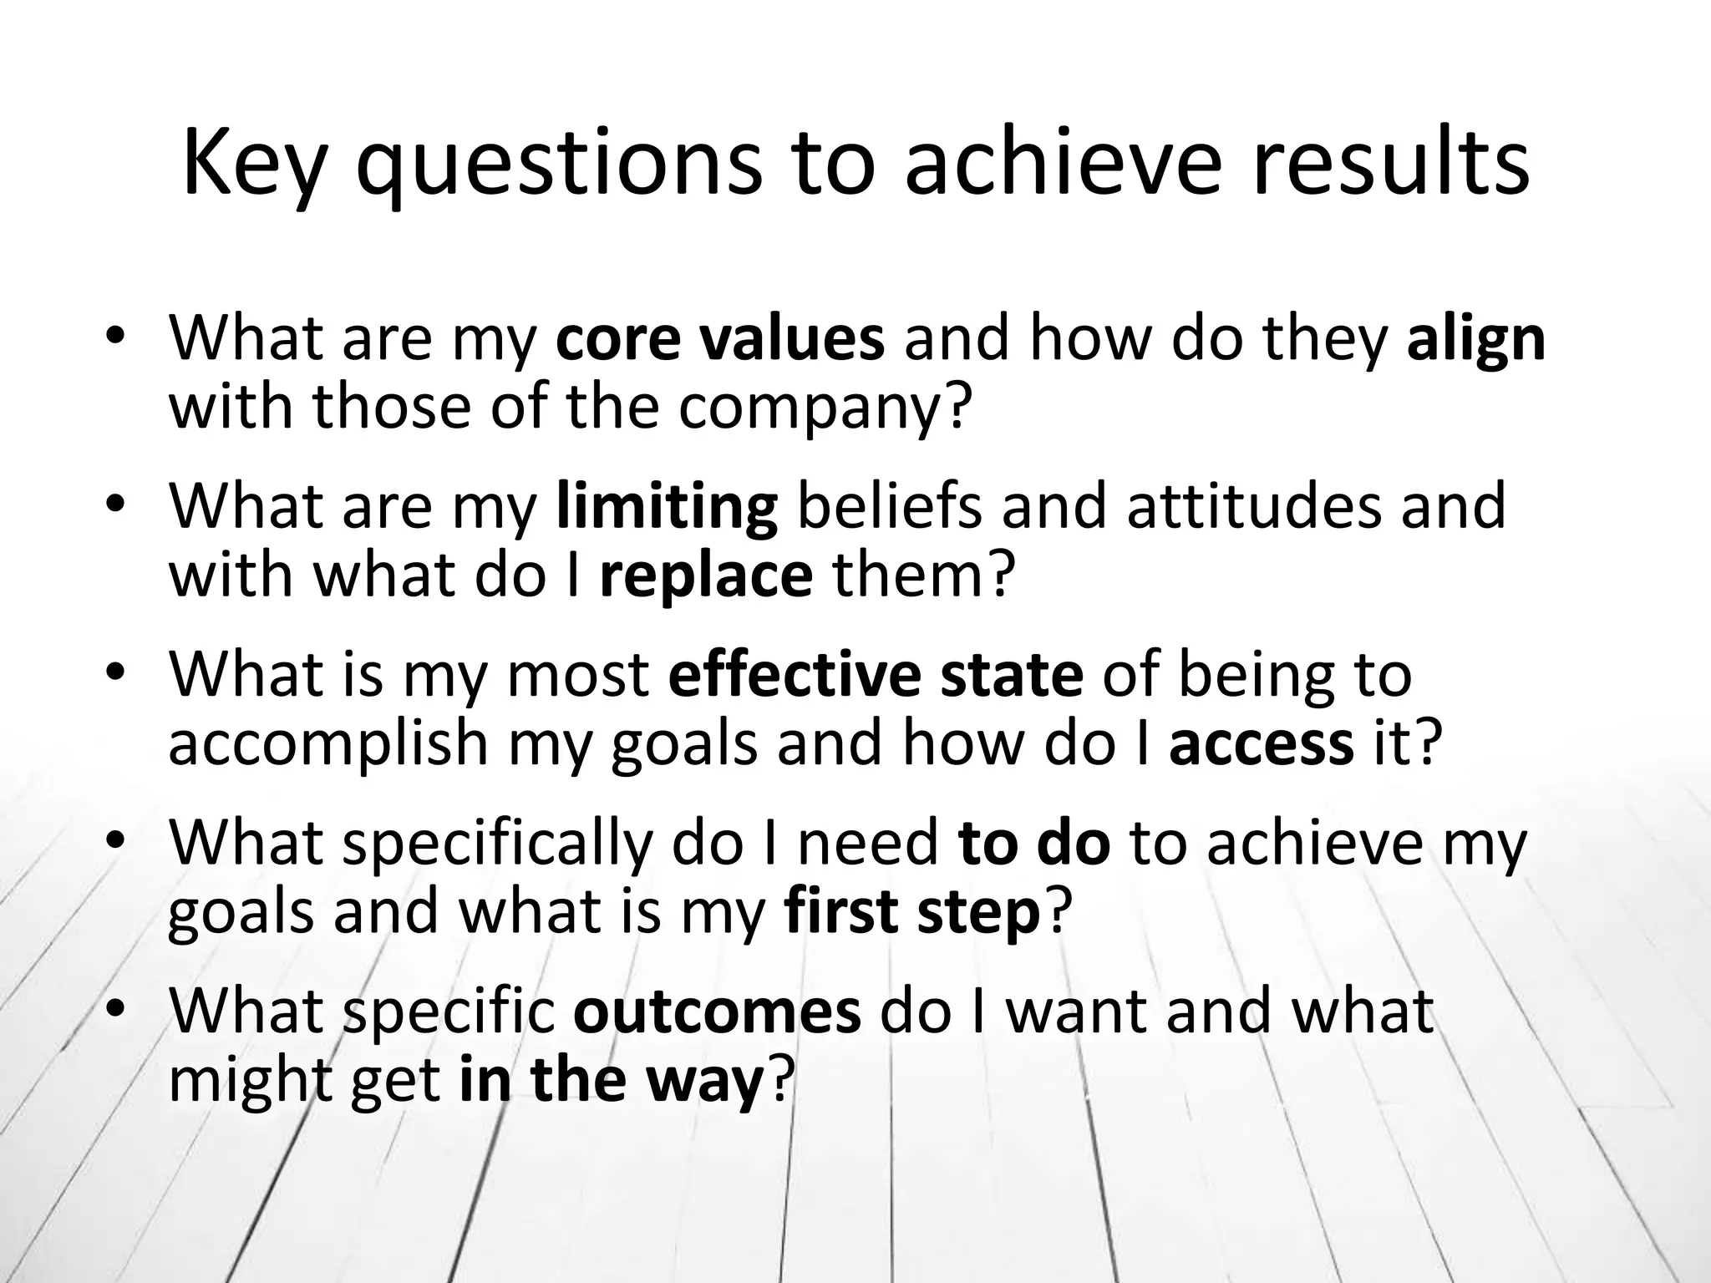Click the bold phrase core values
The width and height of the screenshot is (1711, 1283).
click(x=719, y=339)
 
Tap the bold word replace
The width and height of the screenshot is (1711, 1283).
click(x=706, y=577)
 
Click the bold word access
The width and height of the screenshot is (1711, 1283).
click(x=1262, y=743)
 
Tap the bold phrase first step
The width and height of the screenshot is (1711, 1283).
click(x=912, y=913)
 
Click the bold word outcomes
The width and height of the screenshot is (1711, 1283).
click(x=717, y=1011)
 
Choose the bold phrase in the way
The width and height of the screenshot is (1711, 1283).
click(x=611, y=1080)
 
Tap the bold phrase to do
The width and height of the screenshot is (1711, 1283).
click(x=1035, y=844)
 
